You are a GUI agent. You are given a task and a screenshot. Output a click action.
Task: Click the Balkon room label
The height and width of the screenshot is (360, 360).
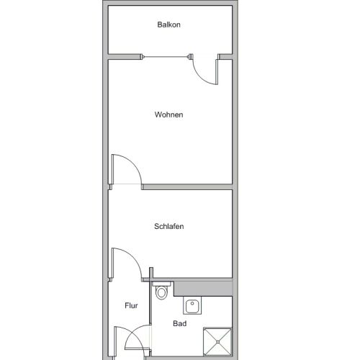coord(168,24)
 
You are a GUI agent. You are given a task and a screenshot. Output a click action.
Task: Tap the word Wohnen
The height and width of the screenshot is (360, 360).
coord(168,114)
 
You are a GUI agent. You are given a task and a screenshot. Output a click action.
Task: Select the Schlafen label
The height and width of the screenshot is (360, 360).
coord(169,226)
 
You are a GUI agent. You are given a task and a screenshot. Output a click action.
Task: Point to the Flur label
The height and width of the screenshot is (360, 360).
coord(131,305)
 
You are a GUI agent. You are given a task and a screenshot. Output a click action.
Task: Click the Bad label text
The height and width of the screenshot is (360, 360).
coord(180,323)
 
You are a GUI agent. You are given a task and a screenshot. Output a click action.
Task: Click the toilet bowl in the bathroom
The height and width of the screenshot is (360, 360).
coord(161,293)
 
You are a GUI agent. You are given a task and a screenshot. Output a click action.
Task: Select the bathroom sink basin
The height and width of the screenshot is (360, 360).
coord(192,306)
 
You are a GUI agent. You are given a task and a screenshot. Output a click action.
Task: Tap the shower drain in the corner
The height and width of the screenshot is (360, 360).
coord(217,342)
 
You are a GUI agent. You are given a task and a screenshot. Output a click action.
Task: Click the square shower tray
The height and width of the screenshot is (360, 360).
coord(217,342)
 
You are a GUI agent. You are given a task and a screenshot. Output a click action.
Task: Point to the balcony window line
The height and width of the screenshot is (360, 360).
coord(166,57)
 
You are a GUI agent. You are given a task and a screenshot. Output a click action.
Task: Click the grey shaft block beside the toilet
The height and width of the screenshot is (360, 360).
coord(203,289)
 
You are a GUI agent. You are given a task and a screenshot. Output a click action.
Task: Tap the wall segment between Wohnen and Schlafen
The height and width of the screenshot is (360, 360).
coord(187,187)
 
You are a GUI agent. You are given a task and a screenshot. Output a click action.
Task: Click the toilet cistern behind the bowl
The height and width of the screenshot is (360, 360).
coord(161,284)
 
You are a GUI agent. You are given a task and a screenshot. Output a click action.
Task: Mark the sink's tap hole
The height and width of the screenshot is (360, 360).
coord(192,303)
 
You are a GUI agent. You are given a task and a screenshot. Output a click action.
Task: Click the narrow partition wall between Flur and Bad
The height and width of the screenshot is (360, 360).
coord(151,300)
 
